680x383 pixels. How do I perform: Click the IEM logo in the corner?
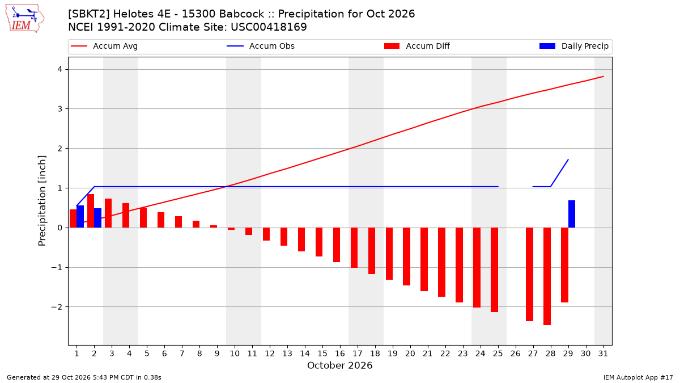point(25,19)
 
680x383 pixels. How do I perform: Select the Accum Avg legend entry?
point(104,46)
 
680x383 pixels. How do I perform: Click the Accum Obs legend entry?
point(261,46)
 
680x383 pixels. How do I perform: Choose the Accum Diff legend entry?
point(417,46)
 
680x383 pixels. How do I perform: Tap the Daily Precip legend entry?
point(573,46)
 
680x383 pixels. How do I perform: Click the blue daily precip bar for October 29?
point(572,214)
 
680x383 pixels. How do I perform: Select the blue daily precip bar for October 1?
point(80,216)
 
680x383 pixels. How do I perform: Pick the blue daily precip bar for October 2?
point(97,218)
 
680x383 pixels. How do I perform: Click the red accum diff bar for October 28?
point(547,276)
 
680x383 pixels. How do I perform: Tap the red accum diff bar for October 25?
point(494,270)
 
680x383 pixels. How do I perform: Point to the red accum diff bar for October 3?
point(108,213)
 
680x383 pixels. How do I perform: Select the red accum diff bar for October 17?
point(354,248)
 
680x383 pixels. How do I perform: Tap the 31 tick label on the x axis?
point(603,353)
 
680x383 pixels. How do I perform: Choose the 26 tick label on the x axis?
point(516,353)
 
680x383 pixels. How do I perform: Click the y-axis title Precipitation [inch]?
point(42,201)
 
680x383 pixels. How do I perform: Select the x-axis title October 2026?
point(339,365)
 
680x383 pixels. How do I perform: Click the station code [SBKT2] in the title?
point(89,14)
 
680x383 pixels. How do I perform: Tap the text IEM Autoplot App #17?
point(638,377)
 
